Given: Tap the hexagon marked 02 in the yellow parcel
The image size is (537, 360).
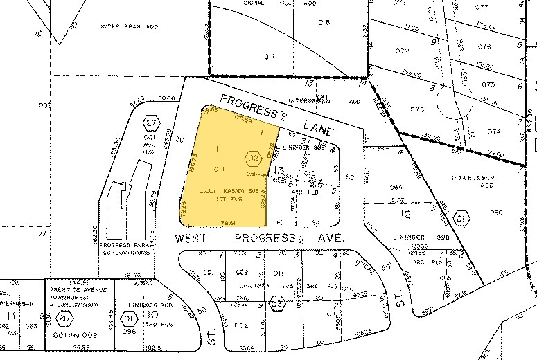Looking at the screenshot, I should click(252, 158).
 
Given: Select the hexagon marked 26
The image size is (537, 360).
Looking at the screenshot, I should click(64, 318).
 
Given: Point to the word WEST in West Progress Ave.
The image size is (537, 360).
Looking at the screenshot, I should click(188, 237).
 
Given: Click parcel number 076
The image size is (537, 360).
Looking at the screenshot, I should click(484, 47).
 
